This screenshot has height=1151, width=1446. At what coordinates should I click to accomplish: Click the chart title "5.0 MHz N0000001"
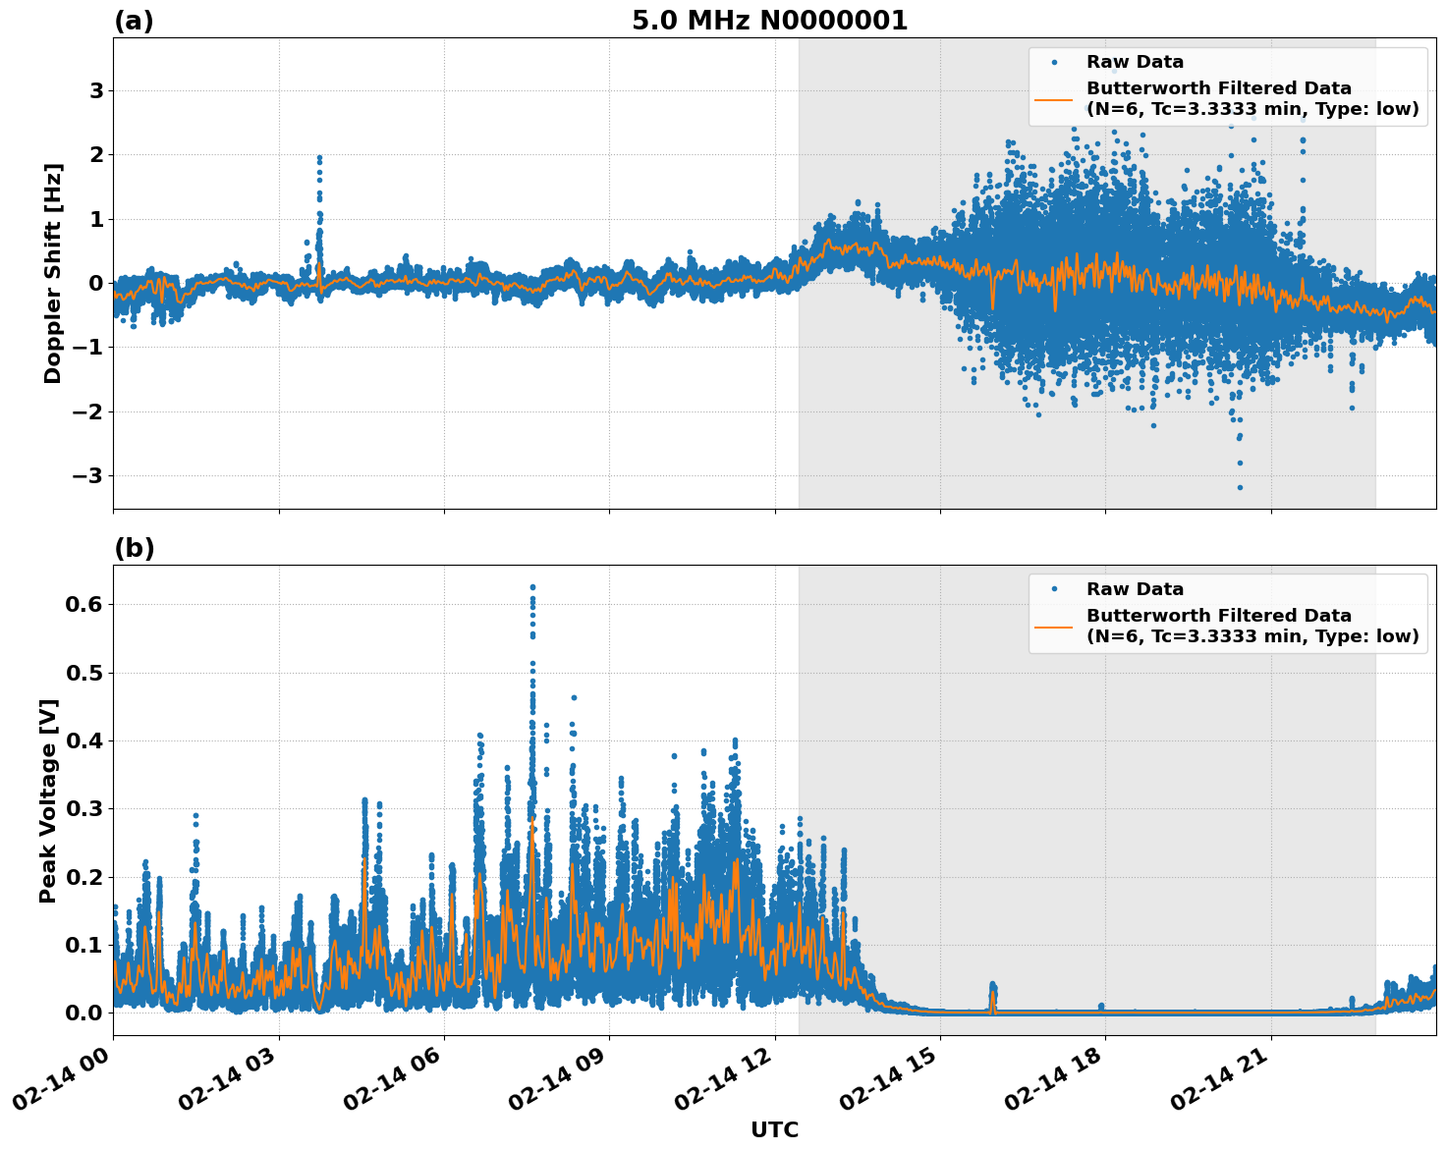(x=769, y=21)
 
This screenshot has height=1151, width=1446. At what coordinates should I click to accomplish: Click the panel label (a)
(x=134, y=21)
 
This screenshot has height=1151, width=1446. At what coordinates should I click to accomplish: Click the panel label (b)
(x=134, y=548)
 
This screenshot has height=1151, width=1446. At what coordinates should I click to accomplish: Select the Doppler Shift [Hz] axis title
(x=53, y=273)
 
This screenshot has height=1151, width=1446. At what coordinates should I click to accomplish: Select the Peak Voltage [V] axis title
(x=48, y=800)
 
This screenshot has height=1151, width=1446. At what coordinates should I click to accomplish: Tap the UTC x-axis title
(x=774, y=1129)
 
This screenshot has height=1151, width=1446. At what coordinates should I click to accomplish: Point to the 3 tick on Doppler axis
(x=96, y=90)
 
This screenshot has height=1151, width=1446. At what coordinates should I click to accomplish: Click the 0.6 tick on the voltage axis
(x=83, y=605)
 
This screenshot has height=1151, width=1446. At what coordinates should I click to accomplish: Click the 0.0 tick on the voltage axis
(x=83, y=1013)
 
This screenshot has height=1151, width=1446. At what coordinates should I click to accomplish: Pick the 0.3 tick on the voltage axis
(x=83, y=808)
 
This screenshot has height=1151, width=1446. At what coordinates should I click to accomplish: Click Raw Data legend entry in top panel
(x=1135, y=62)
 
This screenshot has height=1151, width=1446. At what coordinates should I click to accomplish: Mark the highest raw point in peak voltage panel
(x=532, y=587)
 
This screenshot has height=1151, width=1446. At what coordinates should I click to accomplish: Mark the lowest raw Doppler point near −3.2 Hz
(x=1240, y=487)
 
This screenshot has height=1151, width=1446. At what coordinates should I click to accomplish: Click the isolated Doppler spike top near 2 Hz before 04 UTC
(x=319, y=157)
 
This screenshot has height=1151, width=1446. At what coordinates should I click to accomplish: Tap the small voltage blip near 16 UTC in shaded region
(x=992, y=985)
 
